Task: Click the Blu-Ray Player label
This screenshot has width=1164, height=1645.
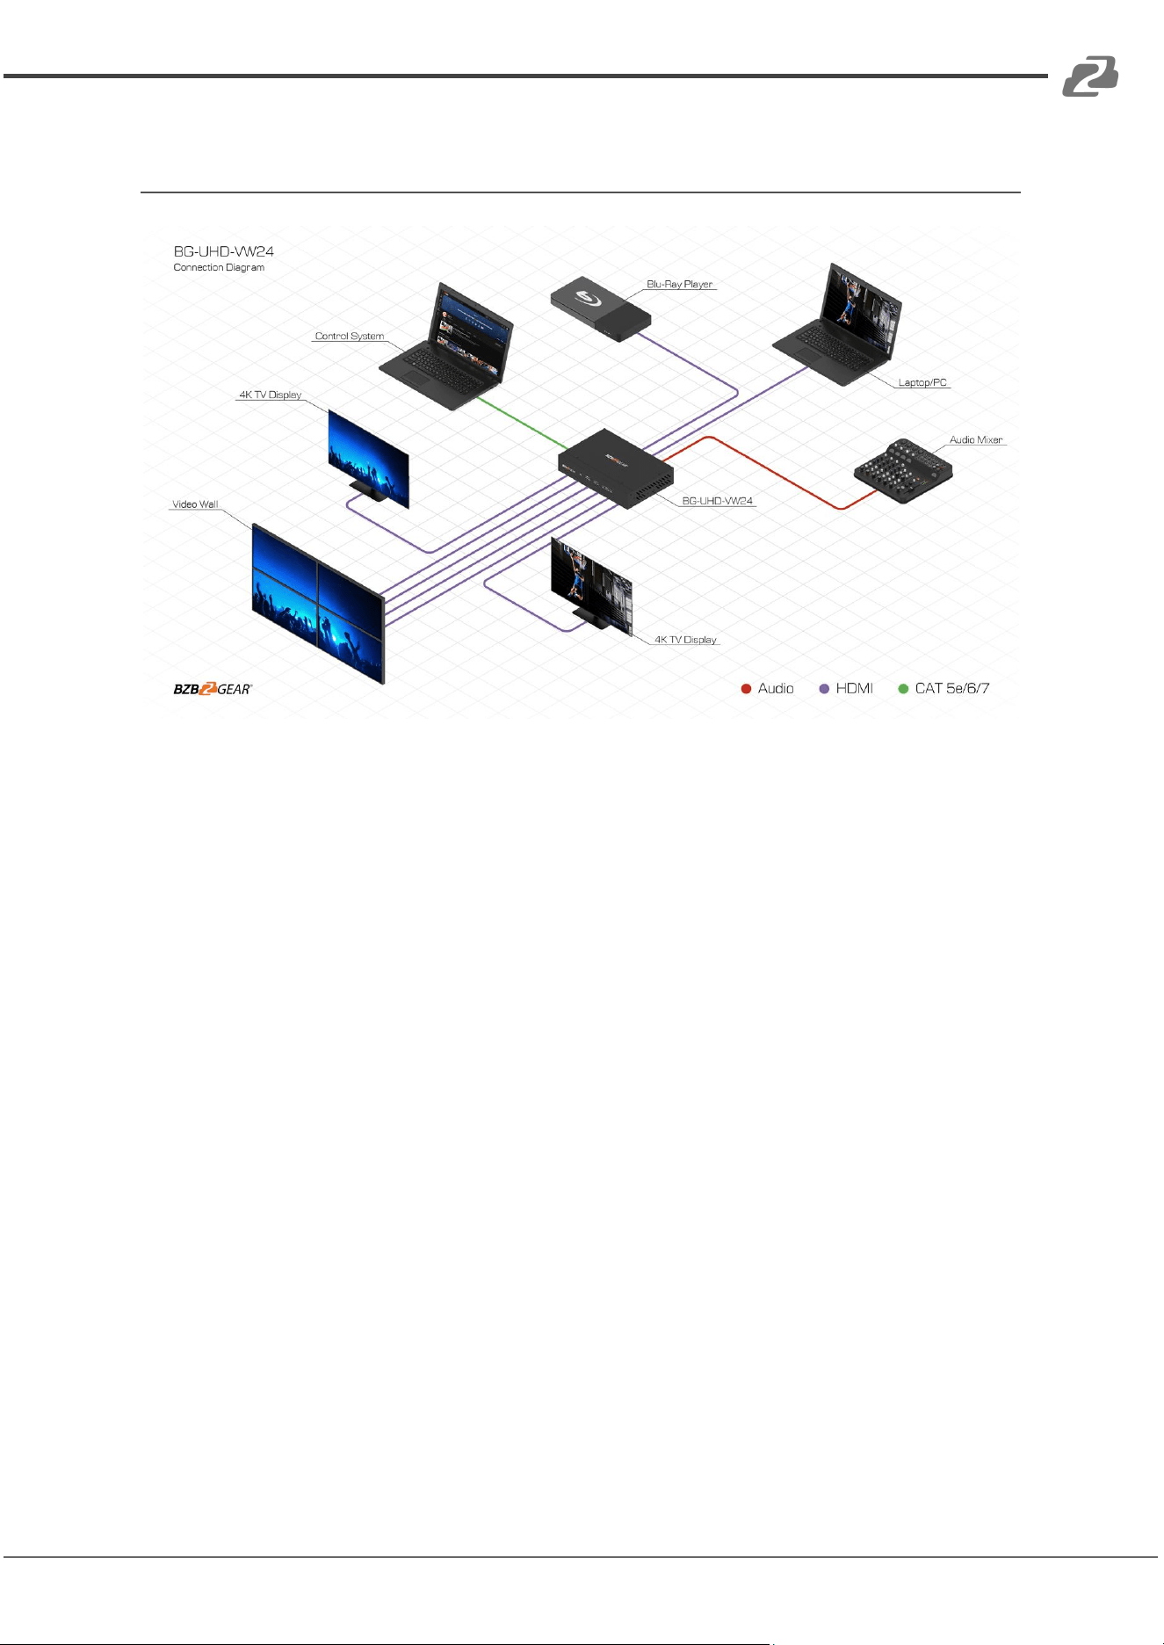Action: point(679,284)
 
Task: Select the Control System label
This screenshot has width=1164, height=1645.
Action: point(350,336)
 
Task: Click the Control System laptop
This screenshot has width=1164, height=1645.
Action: point(446,347)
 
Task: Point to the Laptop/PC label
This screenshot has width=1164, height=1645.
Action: point(922,382)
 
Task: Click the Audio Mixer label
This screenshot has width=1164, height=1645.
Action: point(976,439)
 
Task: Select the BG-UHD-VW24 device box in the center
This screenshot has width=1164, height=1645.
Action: point(616,468)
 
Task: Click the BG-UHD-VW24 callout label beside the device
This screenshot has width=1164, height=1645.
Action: point(718,501)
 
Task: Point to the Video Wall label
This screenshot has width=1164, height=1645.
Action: point(195,504)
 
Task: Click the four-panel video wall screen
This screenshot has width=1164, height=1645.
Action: point(318,603)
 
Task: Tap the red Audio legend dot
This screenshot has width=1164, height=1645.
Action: point(746,689)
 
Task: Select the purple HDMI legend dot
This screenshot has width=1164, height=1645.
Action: point(824,689)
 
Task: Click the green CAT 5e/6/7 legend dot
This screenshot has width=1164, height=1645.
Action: point(903,689)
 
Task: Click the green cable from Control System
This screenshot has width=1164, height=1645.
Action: point(522,423)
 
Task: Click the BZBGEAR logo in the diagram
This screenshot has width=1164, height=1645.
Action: point(213,689)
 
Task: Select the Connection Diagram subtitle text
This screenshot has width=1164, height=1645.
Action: point(219,267)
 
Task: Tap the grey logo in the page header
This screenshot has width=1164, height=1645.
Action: point(1090,76)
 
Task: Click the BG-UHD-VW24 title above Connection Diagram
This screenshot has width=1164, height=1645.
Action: point(223,251)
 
